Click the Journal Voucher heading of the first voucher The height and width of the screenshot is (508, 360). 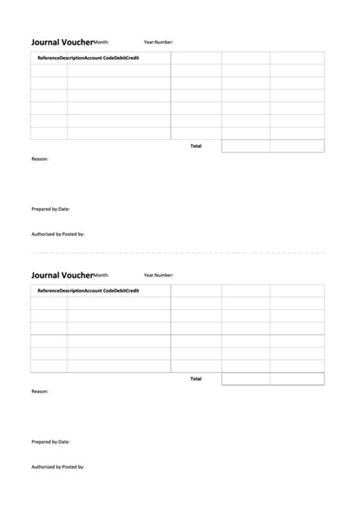(62, 43)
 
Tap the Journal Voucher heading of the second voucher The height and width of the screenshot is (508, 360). (62, 275)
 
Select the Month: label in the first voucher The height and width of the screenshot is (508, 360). (101, 43)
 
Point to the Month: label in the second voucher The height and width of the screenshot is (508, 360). (101, 275)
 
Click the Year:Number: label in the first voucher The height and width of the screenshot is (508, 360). (158, 43)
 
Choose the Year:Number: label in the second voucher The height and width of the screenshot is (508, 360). (158, 275)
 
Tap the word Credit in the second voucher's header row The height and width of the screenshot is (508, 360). (132, 291)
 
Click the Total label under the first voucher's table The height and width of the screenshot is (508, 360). (196, 146)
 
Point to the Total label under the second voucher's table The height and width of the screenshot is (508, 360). (196, 378)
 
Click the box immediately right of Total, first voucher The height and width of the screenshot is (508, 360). (245, 146)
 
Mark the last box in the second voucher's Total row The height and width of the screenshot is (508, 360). (297, 378)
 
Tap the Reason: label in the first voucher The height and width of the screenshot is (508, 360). (40, 159)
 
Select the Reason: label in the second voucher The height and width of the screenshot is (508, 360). (40, 391)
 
